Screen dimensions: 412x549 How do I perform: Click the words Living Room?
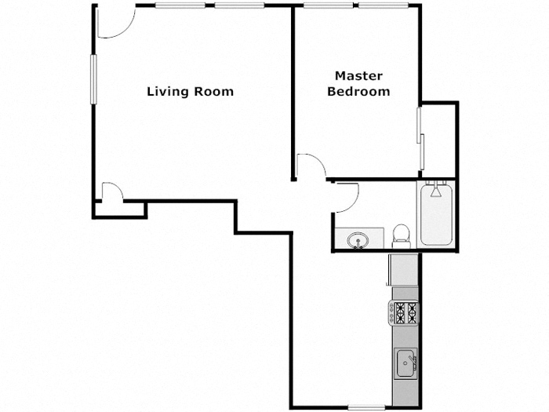(x=190, y=91)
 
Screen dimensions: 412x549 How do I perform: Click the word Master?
(x=358, y=76)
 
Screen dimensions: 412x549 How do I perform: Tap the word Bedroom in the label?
(x=358, y=91)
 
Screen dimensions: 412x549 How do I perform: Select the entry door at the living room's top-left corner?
(x=112, y=24)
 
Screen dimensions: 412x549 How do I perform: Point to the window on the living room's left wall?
(x=93, y=78)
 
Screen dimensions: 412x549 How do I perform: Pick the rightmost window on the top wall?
(x=384, y=5)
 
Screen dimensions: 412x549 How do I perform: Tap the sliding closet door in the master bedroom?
(x=421, y=139)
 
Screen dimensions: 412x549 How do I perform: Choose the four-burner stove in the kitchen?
(x=405, y=313)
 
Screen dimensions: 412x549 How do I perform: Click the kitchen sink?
(x=405, y=363)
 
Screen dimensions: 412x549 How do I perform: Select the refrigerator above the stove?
(x=405, y=269)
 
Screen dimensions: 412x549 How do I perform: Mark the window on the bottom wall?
(x=365, y=407)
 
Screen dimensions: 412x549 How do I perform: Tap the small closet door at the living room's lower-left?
(x=111, y=192)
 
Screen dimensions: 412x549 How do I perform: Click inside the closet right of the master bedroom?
(x=439, y=139)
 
